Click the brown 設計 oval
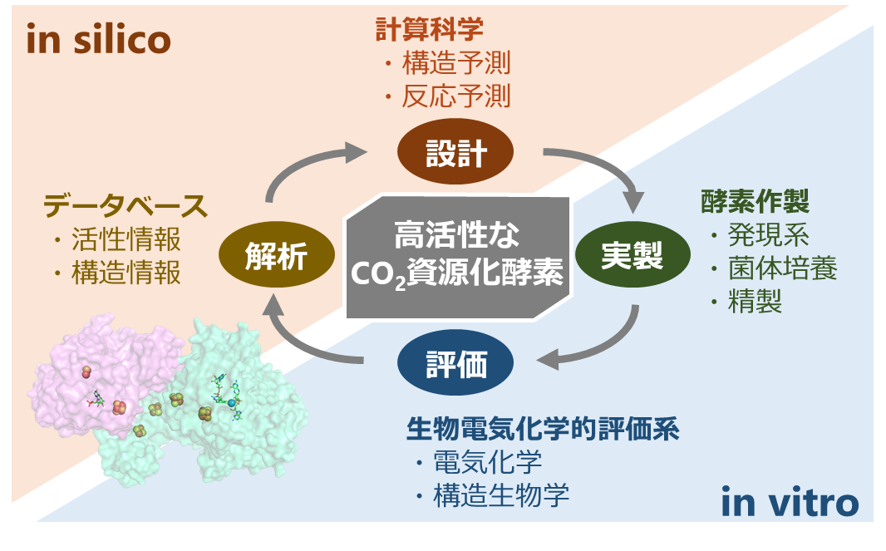coord(455,151)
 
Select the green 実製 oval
coord(633,254)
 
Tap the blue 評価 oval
coord(455,362)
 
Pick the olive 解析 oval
coord(276,254)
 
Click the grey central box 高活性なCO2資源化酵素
coord(458,257)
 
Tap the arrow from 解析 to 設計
coord(299,164)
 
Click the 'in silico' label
coord(98,40)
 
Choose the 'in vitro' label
coord(790,502)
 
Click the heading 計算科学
coord(430,29)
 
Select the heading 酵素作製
coord(755,201)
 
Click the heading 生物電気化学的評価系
coord(543,429)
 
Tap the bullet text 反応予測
coord(456,96)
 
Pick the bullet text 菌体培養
coord(783,268)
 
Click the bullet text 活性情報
coord(126,239)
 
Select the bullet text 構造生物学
coord(501,495)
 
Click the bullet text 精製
coord(755,302)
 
